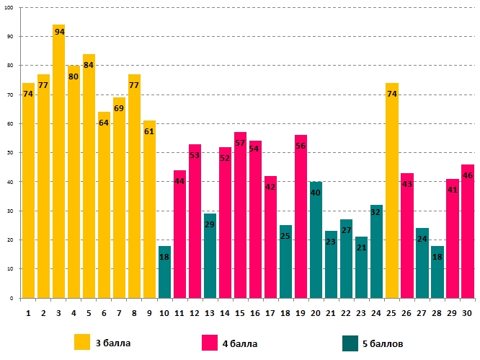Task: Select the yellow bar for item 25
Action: [x=392, y=195]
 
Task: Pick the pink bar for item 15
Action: [x=240, y=216]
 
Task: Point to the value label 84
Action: [x=89, y=66]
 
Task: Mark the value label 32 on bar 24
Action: [x=376, y=213]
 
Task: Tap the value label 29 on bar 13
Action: [x=210, y=224]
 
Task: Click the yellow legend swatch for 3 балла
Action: [x=83, y=341]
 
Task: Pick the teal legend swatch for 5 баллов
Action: [x=351, y=341]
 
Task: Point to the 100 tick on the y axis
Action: [x=9, y=8]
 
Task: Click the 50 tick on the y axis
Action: [x=11, y=153]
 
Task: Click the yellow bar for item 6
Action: [x=104, y=209]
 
